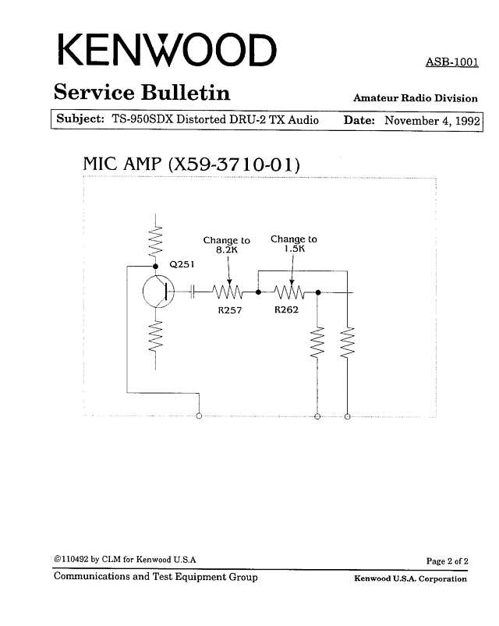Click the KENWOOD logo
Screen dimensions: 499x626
point(168,51)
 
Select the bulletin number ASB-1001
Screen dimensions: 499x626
point(452,62)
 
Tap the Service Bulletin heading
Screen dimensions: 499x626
point(142,92)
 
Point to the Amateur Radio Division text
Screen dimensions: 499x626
point(415,98)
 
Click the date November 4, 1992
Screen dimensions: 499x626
point(432,121)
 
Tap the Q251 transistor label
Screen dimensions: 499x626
point(182,264)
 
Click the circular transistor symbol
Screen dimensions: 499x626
point(158,292)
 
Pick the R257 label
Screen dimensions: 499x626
point(230,310)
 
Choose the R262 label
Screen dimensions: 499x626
point(287,309)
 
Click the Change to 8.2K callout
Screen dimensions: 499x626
point(226,245)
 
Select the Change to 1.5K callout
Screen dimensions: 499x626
point(294,243)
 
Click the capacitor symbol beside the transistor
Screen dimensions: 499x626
point(193,292)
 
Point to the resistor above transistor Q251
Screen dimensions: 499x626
point(156,241)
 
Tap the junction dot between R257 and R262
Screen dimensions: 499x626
point(258,292)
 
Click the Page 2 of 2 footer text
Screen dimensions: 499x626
point(447,561)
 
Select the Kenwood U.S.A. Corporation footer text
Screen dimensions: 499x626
point(410,578)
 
